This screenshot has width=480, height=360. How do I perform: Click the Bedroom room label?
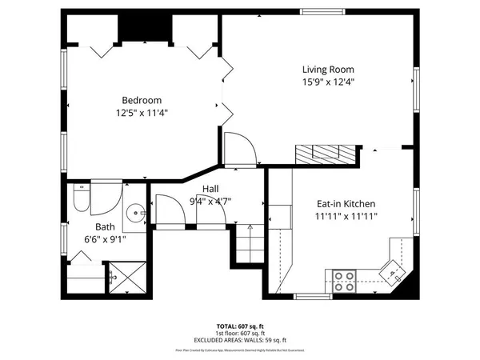pos(142,100)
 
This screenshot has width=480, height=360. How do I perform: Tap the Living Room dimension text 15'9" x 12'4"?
pos(328,82)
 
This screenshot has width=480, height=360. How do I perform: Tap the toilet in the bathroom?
pos(80,198)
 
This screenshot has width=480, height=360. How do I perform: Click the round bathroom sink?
pos(137,213)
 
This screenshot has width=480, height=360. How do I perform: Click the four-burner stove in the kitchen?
pos(344,280)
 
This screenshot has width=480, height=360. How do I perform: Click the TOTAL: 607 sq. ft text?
pos(239,327)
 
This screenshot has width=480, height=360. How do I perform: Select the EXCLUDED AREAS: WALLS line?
pos(239,340)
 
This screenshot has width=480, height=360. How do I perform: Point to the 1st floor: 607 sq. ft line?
pos(239,334)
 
